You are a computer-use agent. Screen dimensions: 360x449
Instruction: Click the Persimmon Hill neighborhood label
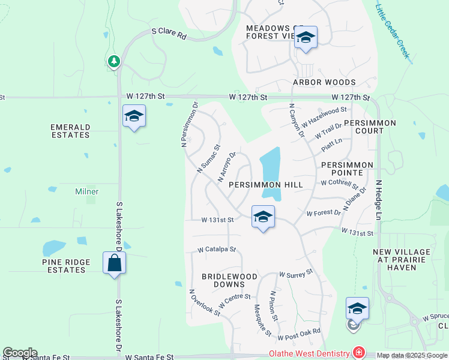[x=264, y=185]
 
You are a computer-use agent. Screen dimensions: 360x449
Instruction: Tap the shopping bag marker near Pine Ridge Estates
[x=114, y=263]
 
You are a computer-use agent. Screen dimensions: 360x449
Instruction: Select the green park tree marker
[x=113, y=61]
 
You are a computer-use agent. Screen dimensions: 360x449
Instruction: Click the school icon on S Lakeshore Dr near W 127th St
[x=134, y=116]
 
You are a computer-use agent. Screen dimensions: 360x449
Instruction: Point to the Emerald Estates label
[x=70, y=131]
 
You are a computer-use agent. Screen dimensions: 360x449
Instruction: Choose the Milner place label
[x=86, y=191]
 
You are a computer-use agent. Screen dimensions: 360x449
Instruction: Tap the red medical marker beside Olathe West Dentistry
[x=359, y=352]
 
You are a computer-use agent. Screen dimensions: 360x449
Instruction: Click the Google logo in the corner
[x=20, y=353]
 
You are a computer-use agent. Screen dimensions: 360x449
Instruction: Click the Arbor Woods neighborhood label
[x=324, y=82]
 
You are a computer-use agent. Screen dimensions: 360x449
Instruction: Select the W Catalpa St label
[x=217, y=249]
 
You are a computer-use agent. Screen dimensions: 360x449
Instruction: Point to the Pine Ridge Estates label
[x=66, y=266]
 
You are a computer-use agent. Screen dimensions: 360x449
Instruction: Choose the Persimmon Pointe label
[x=347, y=169]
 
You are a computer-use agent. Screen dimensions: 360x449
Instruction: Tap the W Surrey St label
[x=296, y=272]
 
